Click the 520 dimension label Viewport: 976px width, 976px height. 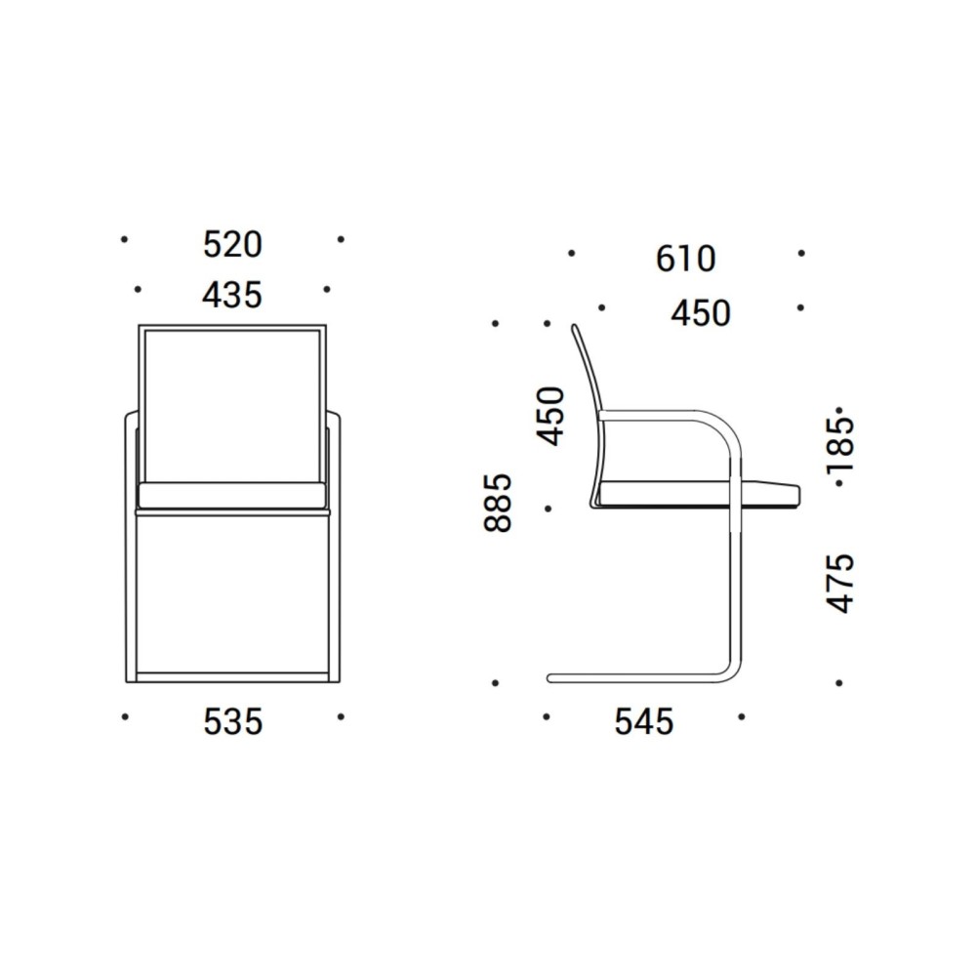[233, 245]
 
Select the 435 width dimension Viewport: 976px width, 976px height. [232, 295]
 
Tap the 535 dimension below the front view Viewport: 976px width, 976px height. [233, 722]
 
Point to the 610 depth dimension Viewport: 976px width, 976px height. [686, 259]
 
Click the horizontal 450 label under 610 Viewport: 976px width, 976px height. [701, 313]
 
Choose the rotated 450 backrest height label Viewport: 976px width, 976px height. [550, 416]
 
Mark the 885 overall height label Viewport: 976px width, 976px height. [498, 503]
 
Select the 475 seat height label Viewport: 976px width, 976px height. [841, 584]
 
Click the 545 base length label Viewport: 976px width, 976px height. [644, 722]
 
